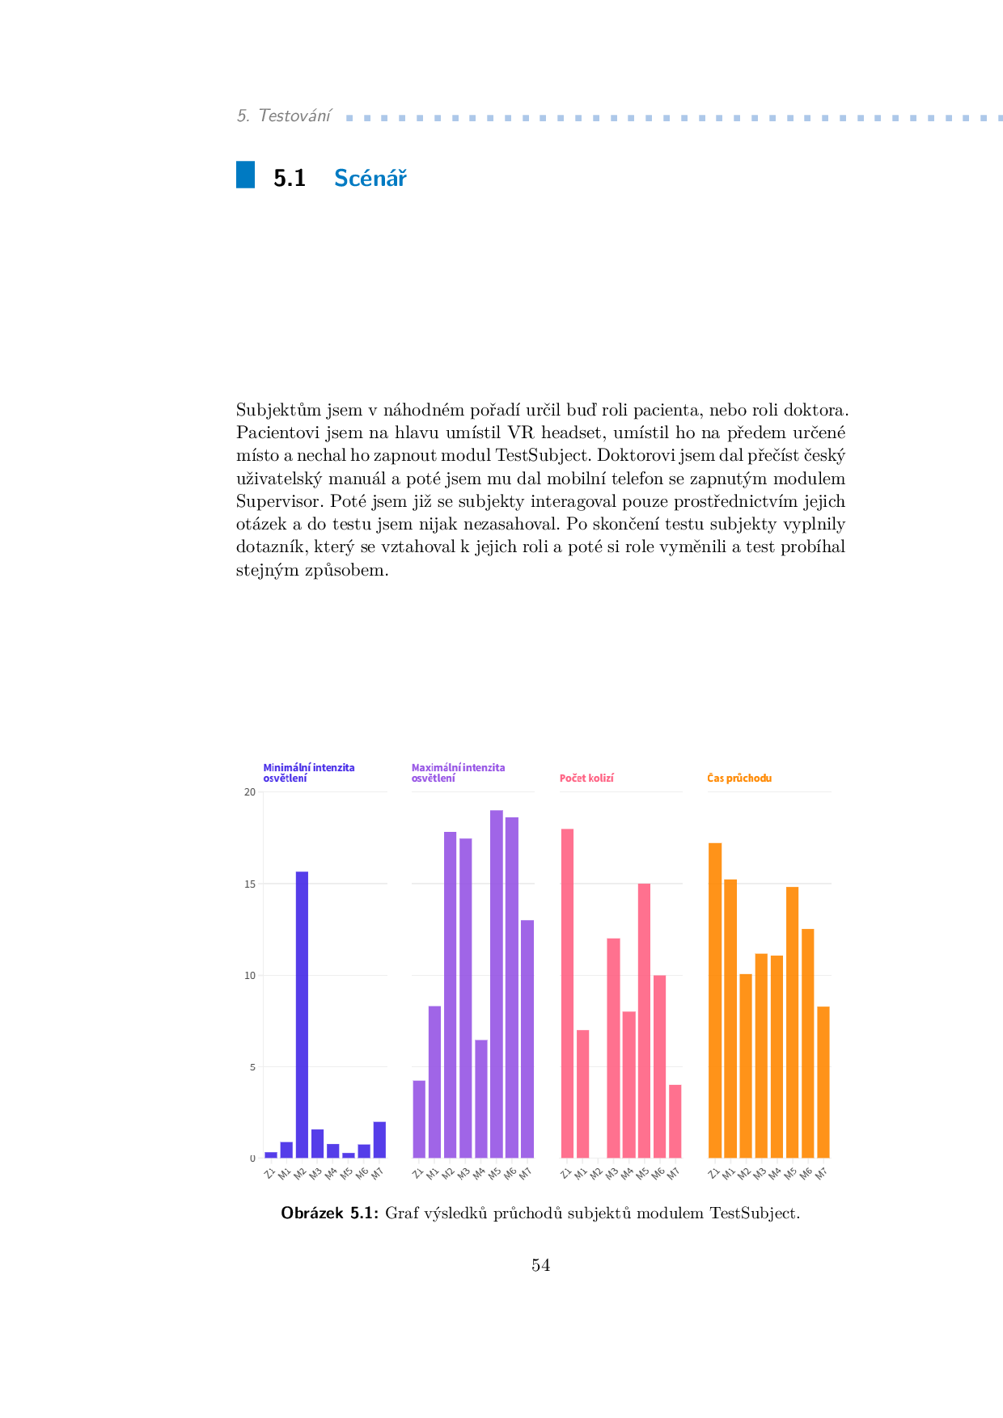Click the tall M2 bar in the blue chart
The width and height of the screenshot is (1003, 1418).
coord(302,1015)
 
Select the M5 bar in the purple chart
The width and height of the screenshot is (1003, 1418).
coord(497,984)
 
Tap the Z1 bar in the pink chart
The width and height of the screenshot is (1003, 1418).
coord(567,994)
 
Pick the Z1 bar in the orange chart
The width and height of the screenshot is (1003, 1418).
coord(715,1001)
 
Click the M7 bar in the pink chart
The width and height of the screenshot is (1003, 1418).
coord(675,1121)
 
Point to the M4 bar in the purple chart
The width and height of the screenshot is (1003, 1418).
coord(481,1099)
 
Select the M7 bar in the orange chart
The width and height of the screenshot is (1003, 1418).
coord(823,1082)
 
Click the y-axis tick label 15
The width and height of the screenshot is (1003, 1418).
coord(250,884)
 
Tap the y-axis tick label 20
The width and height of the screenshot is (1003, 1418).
coord(250,792)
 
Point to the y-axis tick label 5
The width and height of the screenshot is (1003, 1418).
coord(252,1067)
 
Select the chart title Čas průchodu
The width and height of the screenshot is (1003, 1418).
coord(739,779)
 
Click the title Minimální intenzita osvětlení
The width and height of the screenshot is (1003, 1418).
coord(308,773)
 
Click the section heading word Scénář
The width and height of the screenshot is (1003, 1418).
coord(370,178)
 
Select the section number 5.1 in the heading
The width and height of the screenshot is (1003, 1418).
coord(290,179)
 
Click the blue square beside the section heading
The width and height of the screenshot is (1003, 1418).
coord(245,175)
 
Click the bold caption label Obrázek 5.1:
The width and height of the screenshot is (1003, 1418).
coord(329,1213)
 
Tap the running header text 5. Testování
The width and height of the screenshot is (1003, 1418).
coord(284,116)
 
